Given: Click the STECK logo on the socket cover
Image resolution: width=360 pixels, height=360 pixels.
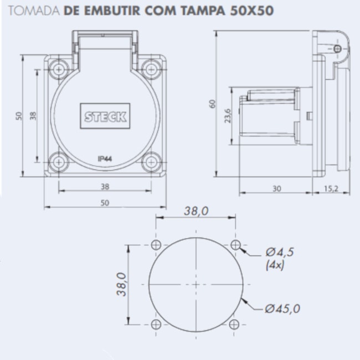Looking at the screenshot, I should tap(105, 116).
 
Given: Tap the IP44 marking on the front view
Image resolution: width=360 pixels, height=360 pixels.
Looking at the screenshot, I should tap(105, 158).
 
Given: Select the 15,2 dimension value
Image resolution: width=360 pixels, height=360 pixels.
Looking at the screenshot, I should tap(331, 188).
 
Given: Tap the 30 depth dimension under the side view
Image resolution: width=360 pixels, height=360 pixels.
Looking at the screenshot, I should tap(276, 188).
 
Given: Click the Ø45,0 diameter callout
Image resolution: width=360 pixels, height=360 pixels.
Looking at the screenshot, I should tap(282, 308).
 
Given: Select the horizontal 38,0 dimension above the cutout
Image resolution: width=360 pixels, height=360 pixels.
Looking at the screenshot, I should tap(196, 210).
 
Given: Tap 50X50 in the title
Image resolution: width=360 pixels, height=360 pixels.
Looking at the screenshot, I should tap(251, 11).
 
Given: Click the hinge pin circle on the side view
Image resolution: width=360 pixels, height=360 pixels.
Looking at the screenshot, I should tap(337, 49).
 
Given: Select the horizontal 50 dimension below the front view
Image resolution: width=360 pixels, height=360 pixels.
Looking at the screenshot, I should tap(105, 203).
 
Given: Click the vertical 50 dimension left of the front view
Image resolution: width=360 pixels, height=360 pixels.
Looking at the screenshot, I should tap(18, 116).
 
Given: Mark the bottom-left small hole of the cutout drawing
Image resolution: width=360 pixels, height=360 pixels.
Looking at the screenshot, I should tap(156, 323).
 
